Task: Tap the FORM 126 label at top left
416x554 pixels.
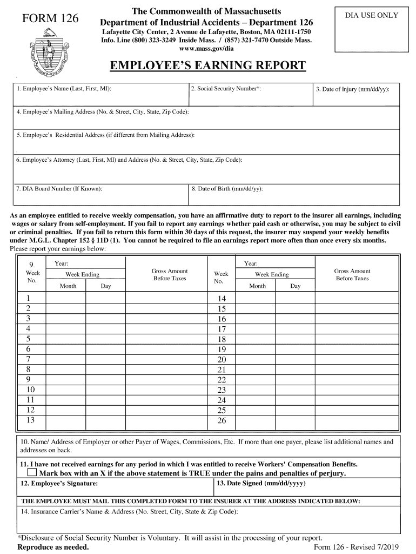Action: pyautogui.click(x=50, y=19)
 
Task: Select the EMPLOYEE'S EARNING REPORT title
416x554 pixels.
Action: pyautogui.click(x=208, y=66)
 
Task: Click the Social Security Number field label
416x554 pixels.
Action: pyautogui.click(x=226, y=88)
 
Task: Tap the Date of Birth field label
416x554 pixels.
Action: pyautogui.click(x=227, y=189)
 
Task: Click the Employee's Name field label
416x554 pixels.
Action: pyautogui.click(x=64, y=88)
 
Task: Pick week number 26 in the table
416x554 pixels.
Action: pyautogui.click(x=222, y=420)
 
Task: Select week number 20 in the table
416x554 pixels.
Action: pyautogui.click(x=222, y=359)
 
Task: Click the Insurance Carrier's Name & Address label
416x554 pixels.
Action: pyautogui.click(x=129, y=511)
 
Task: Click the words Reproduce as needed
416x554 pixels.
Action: pyautogui.click(x=53, y=547)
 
